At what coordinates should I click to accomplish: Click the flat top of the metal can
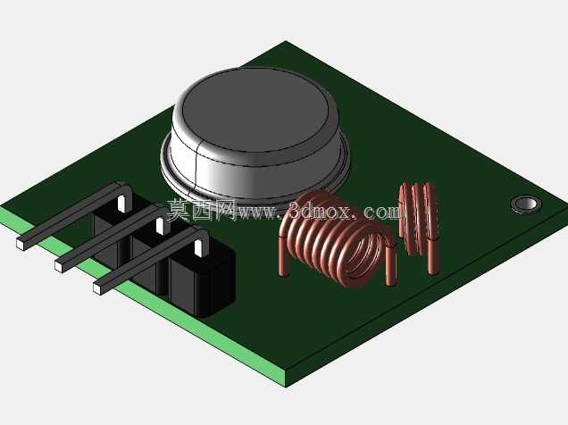(x=255, y=109)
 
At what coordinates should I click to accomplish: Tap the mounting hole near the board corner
(x=526, y=204)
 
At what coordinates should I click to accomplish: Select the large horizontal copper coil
(x=337, y=239)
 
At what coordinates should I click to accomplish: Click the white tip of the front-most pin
(x=97, y=288)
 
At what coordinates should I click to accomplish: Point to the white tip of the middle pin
(x=59, y=265)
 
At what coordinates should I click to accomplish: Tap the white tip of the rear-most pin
(x=21, y=243)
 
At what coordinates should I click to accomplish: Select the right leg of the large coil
(x=390, y=265)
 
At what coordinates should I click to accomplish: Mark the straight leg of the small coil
(x=432, y=256)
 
